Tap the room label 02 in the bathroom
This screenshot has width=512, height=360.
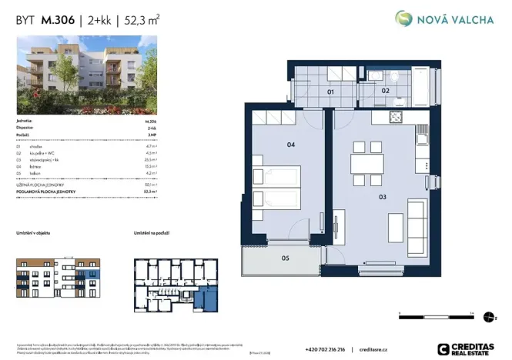click(386, 91)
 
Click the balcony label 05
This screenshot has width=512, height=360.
click(284, 258)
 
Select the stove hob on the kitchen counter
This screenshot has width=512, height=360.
click(397, 118)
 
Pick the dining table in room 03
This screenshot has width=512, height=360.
click(366, 165)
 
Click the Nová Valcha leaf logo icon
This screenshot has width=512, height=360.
click(404, 18)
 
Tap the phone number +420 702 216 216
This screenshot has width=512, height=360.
click(326, 348)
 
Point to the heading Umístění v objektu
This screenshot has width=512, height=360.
click(35, 232)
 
